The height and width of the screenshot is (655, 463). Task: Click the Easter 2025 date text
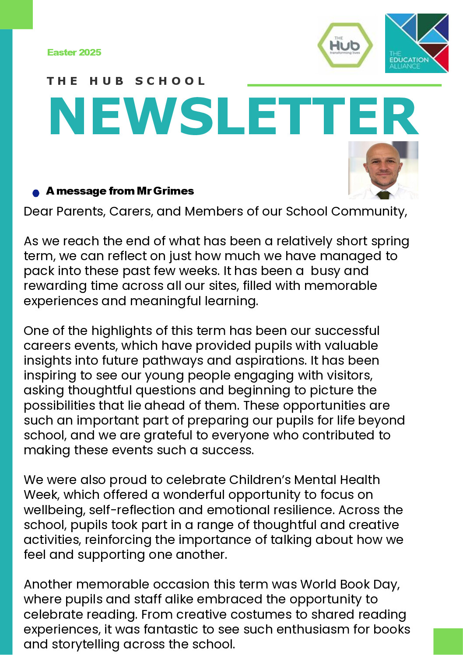[x=74, y=52]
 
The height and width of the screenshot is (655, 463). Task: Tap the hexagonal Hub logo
[x=345, y=45]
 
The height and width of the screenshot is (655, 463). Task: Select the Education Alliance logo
[x=417, y=43]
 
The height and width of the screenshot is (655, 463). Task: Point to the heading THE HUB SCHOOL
[x=126, y=81]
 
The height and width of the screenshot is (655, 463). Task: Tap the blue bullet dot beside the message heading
[x=36, y=193]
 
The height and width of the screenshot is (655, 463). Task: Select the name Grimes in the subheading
[x=174, y=191]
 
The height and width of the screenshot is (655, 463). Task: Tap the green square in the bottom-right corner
[x=448, y=641]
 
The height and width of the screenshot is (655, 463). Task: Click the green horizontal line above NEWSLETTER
[x=344, y=85]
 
